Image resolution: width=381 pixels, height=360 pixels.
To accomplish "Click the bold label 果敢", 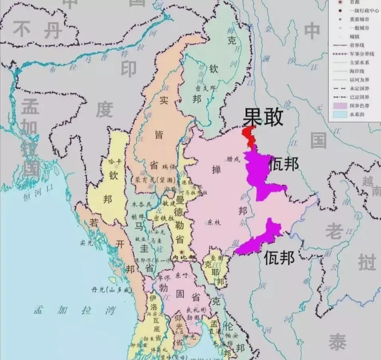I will (263, 117).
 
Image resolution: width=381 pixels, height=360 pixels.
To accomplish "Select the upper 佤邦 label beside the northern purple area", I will (284, 164).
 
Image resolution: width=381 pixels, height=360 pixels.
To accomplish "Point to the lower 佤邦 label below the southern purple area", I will (279, 258).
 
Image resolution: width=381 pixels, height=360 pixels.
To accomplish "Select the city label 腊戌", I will (233, 159).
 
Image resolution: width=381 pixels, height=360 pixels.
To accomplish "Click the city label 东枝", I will (214, 222).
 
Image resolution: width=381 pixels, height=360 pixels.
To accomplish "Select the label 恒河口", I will (37, 188).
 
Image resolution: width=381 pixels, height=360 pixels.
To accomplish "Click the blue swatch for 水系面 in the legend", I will (339, 114).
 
